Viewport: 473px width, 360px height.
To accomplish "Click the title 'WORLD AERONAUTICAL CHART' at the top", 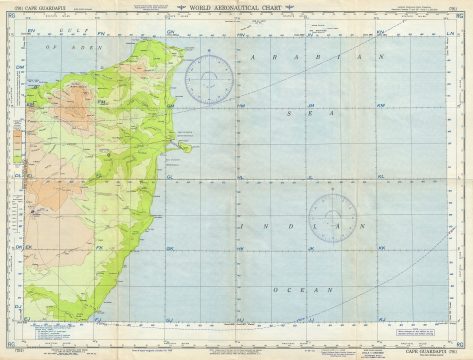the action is pyautogui.click(x=237, y=10).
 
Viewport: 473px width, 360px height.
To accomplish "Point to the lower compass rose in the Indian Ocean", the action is pyautogui.click(x=332, y=214).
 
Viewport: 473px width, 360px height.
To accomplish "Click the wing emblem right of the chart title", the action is pyautogui.click(x=296, y=10).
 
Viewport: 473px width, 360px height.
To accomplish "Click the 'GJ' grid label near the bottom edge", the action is pyautogui.click(x=169, y=318).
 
